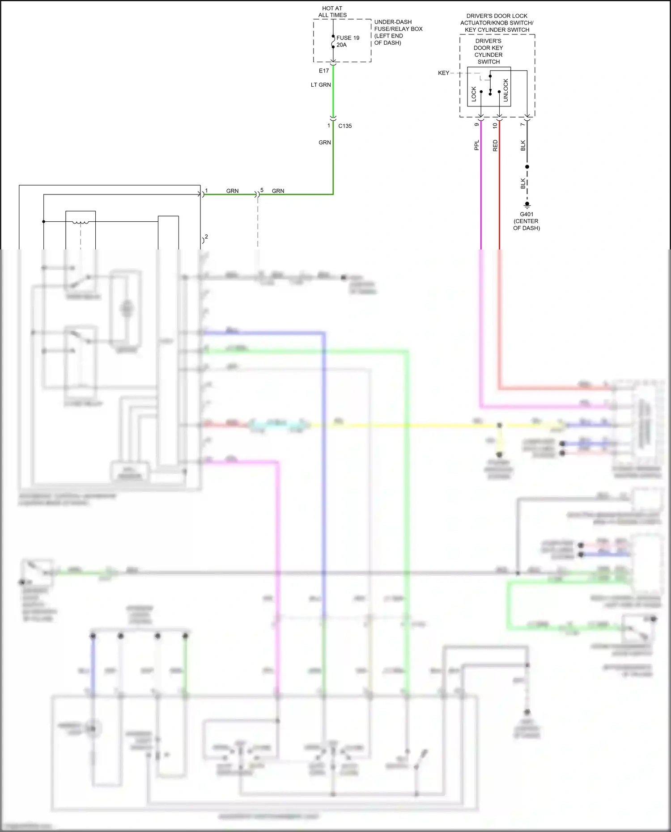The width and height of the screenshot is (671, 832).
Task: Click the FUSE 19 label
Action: click(348, 38)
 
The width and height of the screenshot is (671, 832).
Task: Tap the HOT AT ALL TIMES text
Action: click(332, 12)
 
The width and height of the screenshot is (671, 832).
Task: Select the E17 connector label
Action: click(324, 71)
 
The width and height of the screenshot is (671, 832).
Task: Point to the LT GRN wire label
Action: click(321, 85)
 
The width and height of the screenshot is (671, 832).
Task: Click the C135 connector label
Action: click(345, 126)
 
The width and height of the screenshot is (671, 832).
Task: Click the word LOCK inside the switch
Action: click(474, 94)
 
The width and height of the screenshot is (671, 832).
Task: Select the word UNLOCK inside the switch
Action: click(506, 90)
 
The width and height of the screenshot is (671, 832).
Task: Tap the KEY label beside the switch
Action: click(443, 73)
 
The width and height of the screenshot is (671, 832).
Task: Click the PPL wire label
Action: click(477, 145)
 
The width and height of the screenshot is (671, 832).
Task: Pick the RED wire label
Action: click(495, 145)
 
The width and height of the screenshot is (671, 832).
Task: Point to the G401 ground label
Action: click(527, 214)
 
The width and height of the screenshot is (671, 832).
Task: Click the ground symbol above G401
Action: click(527, 205)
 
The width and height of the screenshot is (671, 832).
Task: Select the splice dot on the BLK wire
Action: click(527, 167)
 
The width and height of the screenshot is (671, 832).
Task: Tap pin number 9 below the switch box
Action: click(477, 125)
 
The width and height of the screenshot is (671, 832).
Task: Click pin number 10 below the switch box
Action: click(495, 126)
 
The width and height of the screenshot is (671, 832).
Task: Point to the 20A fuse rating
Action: click(341, 45)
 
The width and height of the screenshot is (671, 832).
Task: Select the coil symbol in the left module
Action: click(81, 222)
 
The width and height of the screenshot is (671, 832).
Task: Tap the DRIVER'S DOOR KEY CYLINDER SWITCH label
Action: click(488, 51)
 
